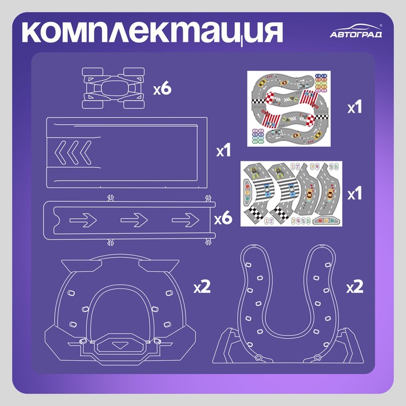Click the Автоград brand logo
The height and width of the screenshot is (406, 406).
click(356, 31)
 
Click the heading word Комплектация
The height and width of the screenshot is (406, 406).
click(152, 33)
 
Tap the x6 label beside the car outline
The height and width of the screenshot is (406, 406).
click(162, 89)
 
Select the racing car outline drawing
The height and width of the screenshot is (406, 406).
click(113, 88)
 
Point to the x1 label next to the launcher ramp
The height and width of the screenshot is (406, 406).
click(223, 150)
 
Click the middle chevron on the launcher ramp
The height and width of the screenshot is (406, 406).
click(73, 153)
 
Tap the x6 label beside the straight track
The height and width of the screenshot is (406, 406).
click(223, 219)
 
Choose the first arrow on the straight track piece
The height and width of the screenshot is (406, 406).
click(83, 220)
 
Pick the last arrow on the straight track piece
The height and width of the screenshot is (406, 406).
click(186, 220)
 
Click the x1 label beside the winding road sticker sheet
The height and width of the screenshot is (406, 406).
click(354, 107)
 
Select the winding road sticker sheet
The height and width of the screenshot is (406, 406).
click(289, 109)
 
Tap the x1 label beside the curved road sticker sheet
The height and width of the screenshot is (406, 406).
click(354, 193)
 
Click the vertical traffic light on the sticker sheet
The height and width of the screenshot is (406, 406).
click(247, 193)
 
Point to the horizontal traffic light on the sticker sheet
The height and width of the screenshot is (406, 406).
click(326, 220)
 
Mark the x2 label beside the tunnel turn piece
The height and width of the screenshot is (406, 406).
click(202, 287)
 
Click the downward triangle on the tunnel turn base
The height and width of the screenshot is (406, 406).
click(119, 346)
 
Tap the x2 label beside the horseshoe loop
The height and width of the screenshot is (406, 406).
click(355, 287)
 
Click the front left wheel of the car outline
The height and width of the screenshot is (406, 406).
click(92, 72)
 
